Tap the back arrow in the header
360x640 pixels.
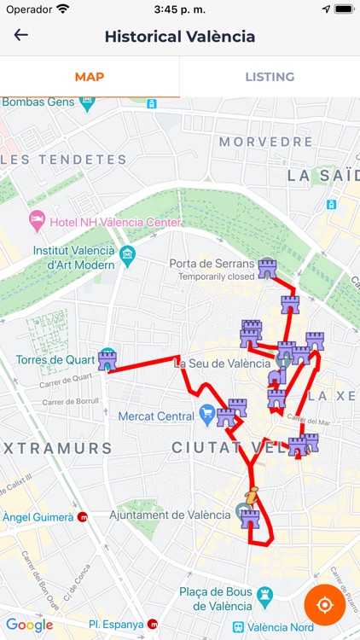point(21,35)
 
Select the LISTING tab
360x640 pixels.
point(270,77)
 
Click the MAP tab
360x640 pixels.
point(90,77)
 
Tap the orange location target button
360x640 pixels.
point(324,605)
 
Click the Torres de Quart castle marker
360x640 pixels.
point(107,360)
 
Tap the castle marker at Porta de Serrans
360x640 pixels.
point(268,269)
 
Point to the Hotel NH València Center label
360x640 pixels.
point(116,223)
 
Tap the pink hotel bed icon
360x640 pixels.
point(37,221)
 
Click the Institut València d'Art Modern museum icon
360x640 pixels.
point(127,253)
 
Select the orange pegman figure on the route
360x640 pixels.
point(252,495)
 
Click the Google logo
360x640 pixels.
point(29,625)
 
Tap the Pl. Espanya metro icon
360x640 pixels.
point(153,625)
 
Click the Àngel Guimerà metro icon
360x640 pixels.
point(83,517)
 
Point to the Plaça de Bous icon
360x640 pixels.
point(265,593)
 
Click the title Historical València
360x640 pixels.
point(180,37)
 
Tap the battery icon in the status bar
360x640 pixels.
point(343,9)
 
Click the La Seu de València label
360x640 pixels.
point(222,363)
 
